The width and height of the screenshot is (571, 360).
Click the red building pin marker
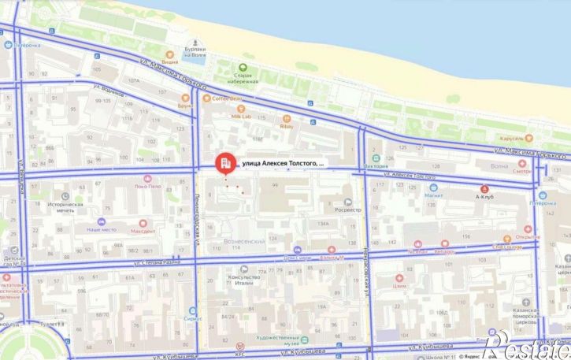tap(224, 163)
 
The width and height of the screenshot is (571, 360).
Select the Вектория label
tap(376, 166)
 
